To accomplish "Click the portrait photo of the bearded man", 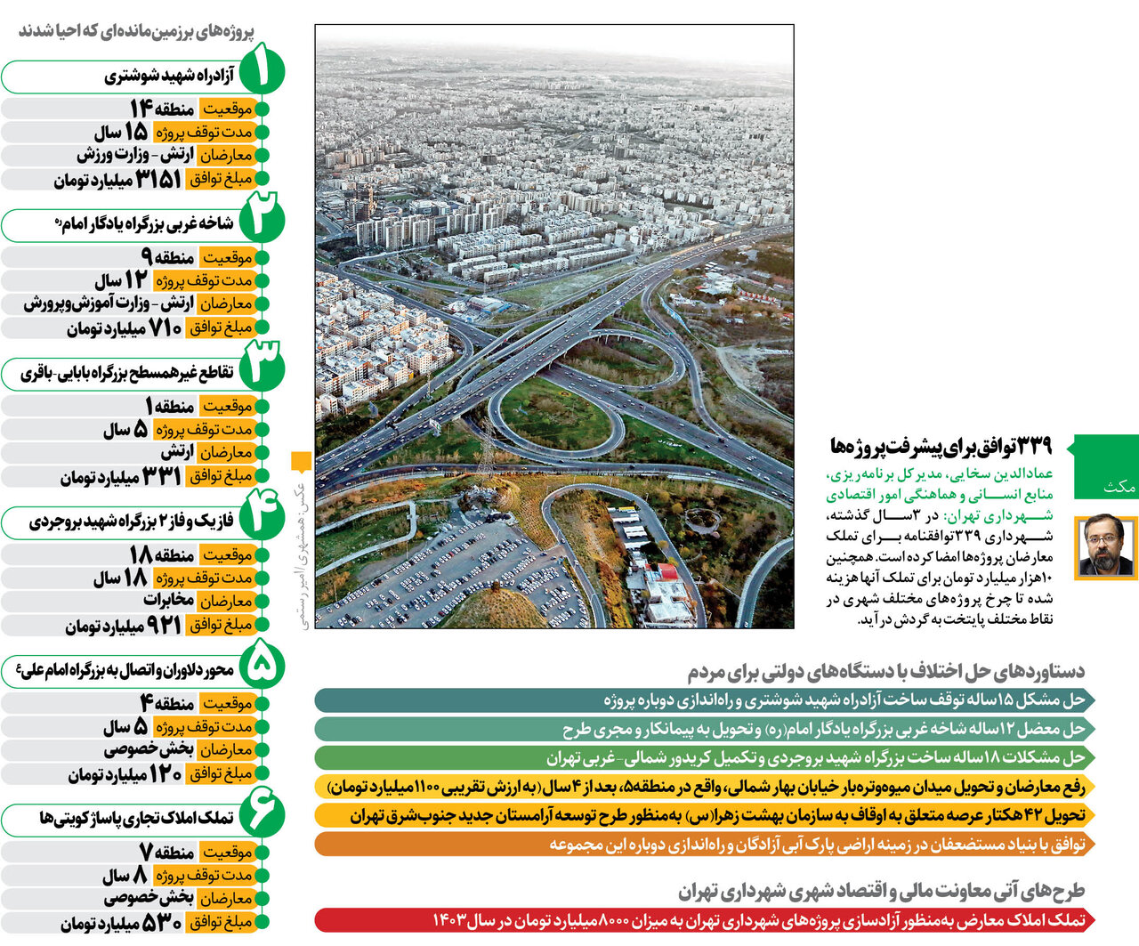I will (1107, 547).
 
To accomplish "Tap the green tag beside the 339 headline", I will (1106, 466).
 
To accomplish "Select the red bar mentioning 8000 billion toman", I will (703, 919).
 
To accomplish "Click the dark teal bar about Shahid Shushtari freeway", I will (703, 699).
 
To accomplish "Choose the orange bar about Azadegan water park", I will (703, 844).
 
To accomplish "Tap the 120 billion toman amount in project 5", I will (164, 773).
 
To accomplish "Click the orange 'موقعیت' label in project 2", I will (228, 258).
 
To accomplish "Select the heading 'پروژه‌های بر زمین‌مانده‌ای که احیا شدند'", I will (137, 31).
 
